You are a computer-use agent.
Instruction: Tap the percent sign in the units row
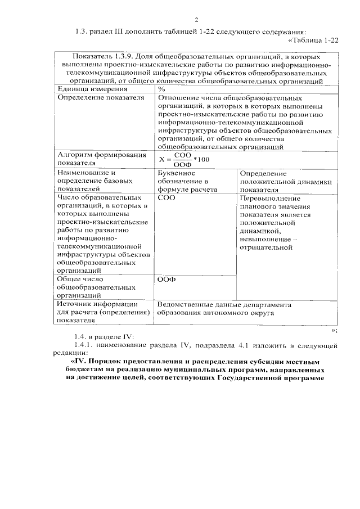pos(161,89)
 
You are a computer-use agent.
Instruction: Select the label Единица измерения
pos(88,89)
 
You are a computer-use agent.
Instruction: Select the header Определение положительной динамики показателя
pos(285,182)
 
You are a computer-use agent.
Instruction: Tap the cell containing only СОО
pos(166,199)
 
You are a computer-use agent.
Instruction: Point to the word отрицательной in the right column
pos(267,246)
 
